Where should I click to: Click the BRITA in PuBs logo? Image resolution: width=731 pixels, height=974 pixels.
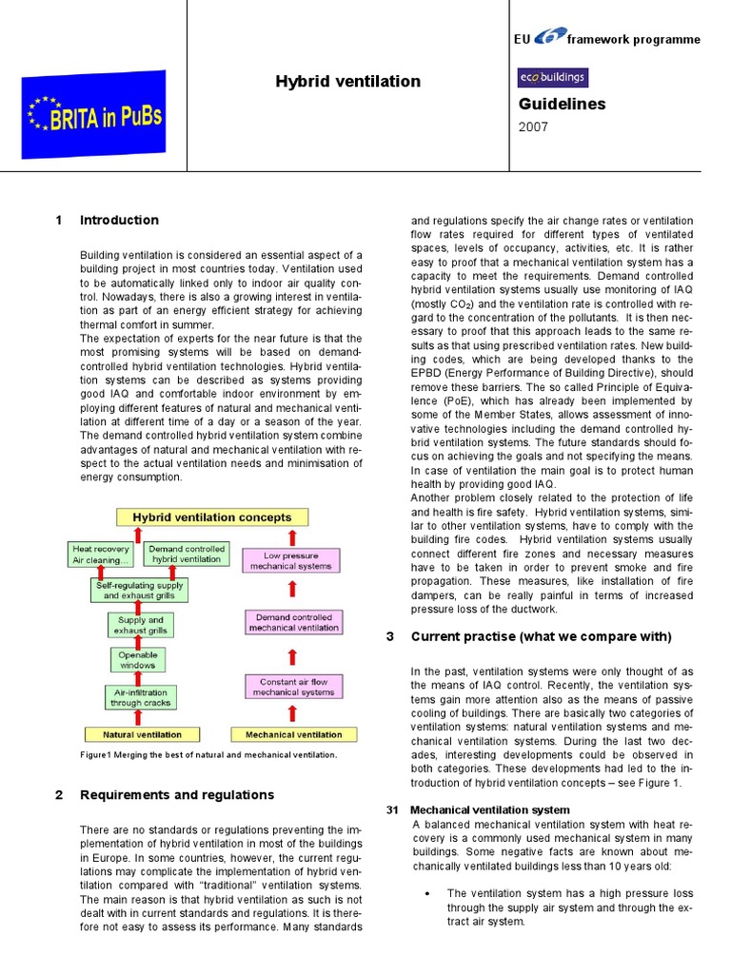click(94, 115)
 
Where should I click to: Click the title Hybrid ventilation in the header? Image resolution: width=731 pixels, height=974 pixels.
click(347, 82)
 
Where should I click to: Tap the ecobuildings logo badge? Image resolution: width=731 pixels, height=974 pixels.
click(552, 78)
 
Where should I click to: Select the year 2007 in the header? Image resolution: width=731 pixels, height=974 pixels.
click(533, 127)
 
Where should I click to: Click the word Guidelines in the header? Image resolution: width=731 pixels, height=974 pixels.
click(562, 105)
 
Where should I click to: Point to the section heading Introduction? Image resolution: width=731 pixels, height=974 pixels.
click(119, 221)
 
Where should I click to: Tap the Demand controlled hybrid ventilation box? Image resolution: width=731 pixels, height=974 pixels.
click(186, 554)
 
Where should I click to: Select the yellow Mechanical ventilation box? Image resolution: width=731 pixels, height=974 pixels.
click(294, 734)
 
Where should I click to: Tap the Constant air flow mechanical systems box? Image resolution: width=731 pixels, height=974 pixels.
click(293, 687)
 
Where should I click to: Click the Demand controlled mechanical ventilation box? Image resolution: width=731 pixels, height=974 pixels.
click(293, 623)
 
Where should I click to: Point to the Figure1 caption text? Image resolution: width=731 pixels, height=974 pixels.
click(208, 755)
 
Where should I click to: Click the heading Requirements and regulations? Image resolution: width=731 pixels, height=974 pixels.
click(177, 795)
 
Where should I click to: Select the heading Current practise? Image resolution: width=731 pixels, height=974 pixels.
click(541, 637)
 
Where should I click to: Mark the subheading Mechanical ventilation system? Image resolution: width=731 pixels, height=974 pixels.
click(489, 809)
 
